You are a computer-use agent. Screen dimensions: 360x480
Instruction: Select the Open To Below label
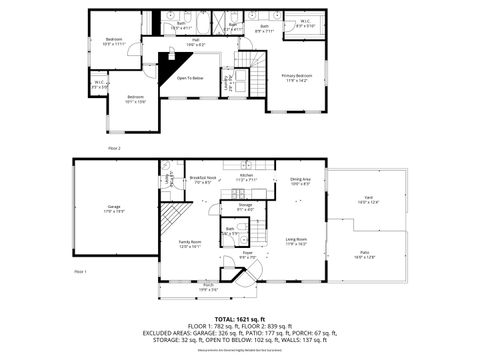click(x=190, y=78)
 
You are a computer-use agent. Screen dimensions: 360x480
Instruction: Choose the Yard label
click(x=367, y=202)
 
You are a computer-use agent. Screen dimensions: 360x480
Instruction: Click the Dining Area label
click(x=301, y=181)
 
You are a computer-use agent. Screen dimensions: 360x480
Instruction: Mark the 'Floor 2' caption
click(x=114, y=148)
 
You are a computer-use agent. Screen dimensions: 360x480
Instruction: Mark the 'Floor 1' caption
click(x=80, y=271)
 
